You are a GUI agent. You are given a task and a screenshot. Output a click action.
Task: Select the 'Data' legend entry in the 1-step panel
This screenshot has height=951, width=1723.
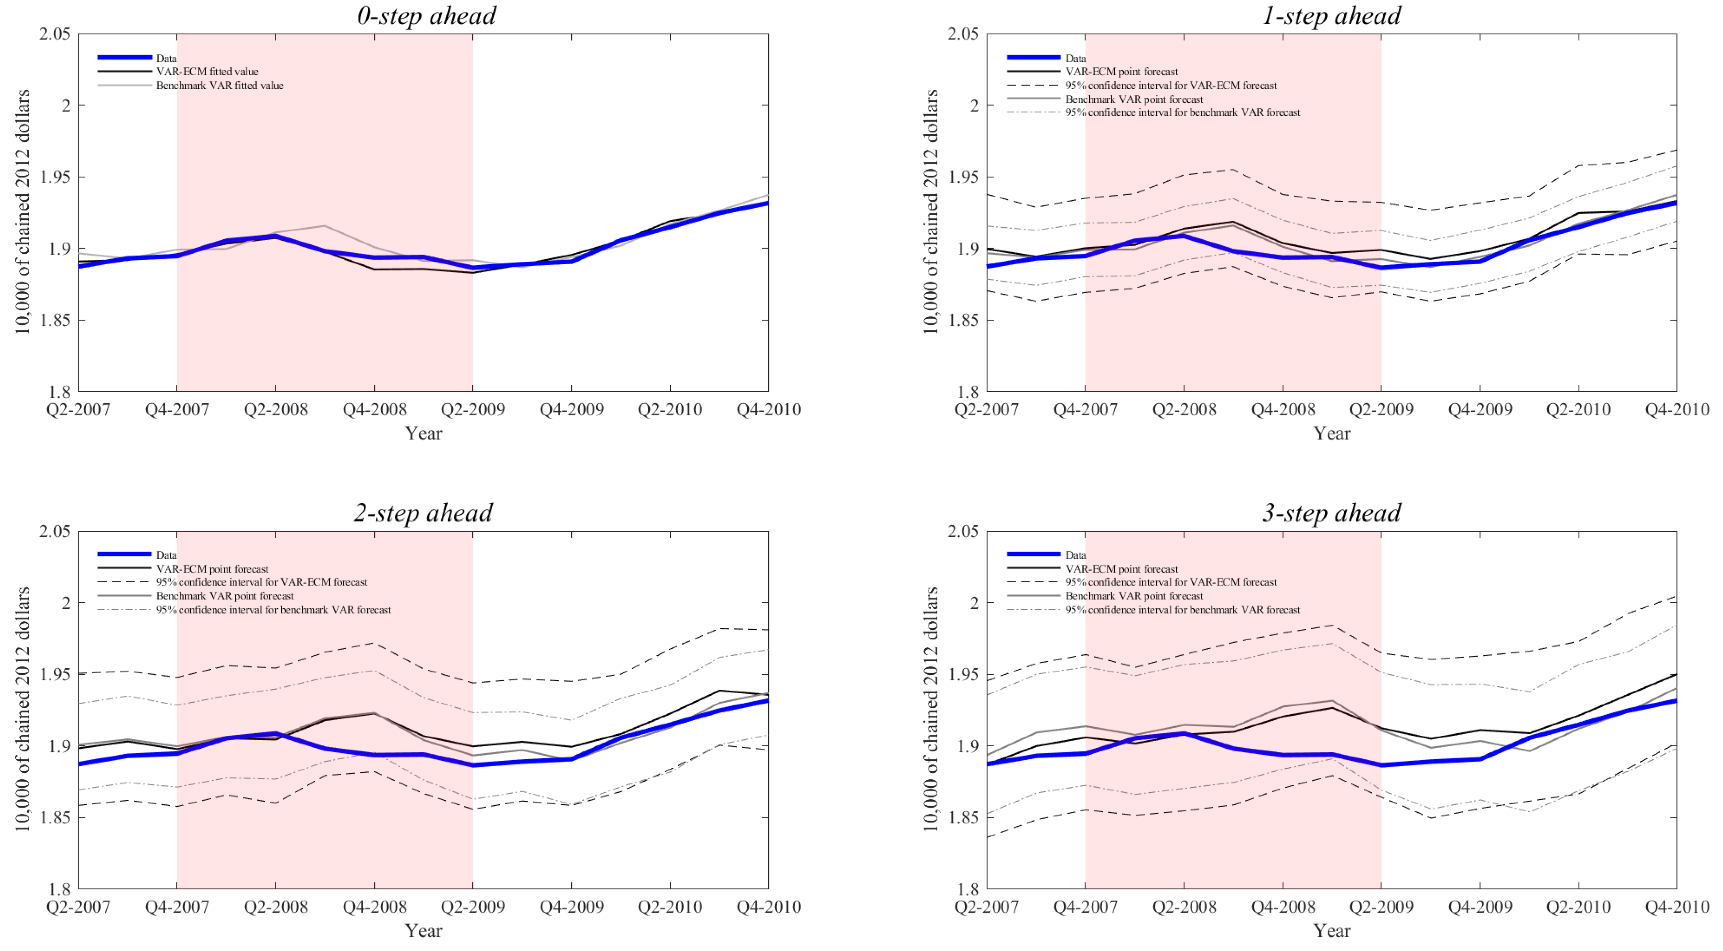(x=1076, y=58)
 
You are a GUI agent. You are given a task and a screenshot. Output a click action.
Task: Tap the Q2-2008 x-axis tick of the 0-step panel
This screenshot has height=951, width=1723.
(x=275, y=409)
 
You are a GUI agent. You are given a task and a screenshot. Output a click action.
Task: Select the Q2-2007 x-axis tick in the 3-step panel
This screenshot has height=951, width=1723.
(x=986, y=907)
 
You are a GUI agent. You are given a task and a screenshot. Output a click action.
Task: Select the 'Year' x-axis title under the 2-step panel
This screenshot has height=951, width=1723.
(x=423, y=930)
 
